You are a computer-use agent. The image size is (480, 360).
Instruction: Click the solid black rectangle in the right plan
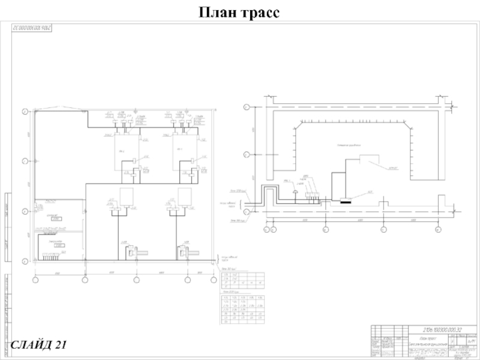[x=346, y=200]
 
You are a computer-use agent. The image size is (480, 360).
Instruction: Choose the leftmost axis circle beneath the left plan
[x=35, y=280]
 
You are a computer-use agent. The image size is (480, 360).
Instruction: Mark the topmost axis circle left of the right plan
[x=246, y=107]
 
